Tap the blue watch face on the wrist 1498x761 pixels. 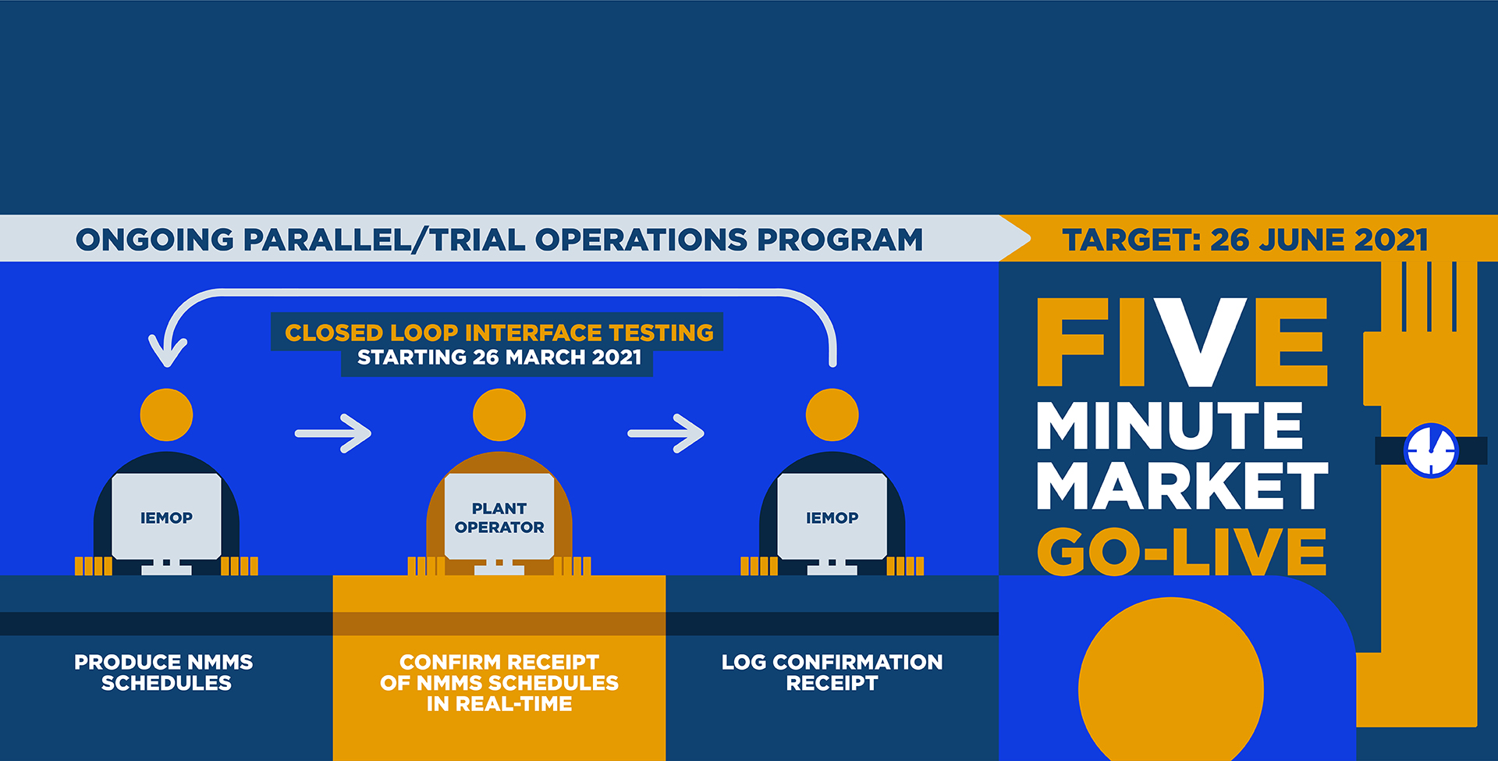(x=1431, y=450)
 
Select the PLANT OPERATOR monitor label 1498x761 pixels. (x=499, y=517)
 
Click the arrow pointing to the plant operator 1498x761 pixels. (x=333, y=433)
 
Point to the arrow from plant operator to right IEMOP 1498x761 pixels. (x=666, y=433)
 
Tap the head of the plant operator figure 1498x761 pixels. (x=499, y=415)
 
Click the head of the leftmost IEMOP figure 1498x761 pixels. (x=166, y=415)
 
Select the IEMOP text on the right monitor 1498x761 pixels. (x=832, y=517)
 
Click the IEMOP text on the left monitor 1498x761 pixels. (x=166, y=517)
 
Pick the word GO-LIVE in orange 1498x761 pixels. (x=1181, y=551)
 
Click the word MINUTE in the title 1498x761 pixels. (x=1170, y=425)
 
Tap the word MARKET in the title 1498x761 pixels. (x=1182, y=485)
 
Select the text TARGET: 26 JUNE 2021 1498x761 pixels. (x=1244, y=240)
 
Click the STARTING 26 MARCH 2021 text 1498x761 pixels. (x=499, y=357)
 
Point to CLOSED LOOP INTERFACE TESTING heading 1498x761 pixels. (x=499, y=332)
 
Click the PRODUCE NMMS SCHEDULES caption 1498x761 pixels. (x=164, y=672)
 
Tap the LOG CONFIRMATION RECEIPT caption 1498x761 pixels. (x=832, y=672)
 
